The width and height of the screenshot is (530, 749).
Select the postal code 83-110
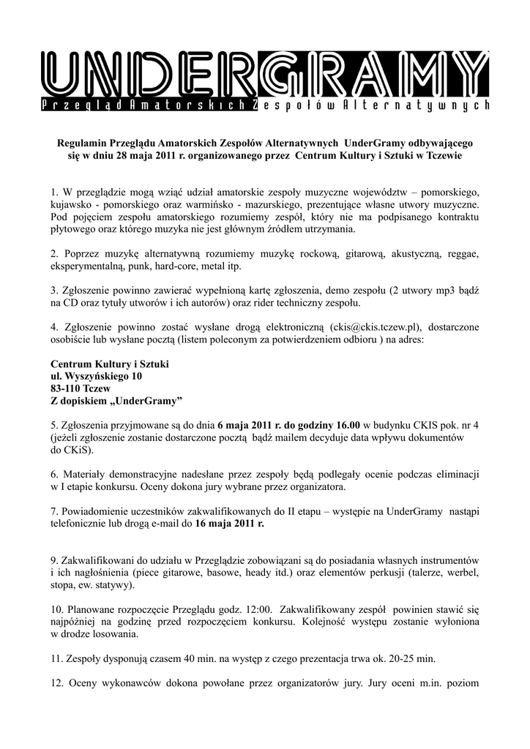[x=69, y=388]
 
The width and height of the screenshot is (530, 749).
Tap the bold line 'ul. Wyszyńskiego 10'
[x=96, y=376]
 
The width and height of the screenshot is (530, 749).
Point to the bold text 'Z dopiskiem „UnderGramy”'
[x=116, y=401]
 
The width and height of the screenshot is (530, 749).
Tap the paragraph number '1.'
[x=55, y=192]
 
